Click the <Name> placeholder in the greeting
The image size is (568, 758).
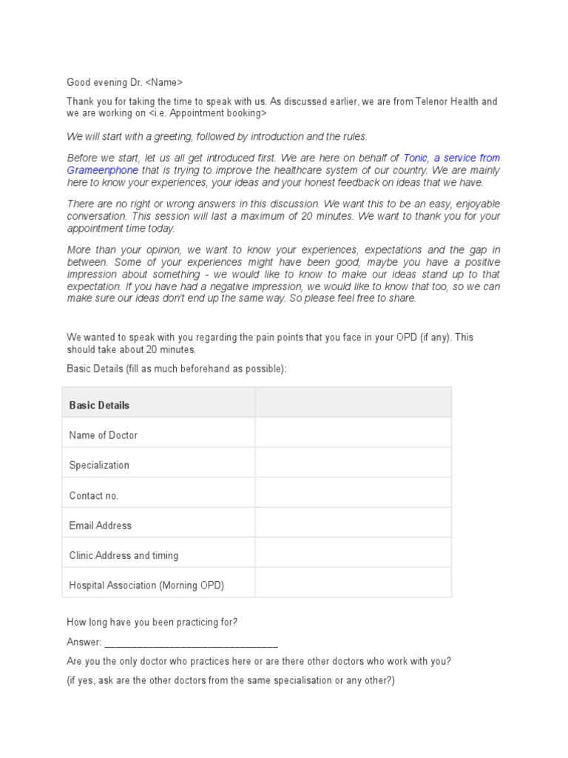tap(162, 82)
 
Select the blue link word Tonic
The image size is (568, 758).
tap(416, 158)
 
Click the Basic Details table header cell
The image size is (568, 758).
tap(99, 405)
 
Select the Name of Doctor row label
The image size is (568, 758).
tap(103, 435)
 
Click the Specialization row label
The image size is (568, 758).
tap(99, 466)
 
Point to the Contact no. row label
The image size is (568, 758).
tap(94, 495)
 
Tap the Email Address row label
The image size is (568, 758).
tap(101, 526)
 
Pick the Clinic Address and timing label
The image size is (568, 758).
tap(124, 555)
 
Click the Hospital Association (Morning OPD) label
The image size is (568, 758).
tap(146, 586)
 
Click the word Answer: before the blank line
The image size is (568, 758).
tap(84, 643)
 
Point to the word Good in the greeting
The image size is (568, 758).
tap(79, 82)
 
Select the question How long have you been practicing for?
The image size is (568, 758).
tap(152, 623)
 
